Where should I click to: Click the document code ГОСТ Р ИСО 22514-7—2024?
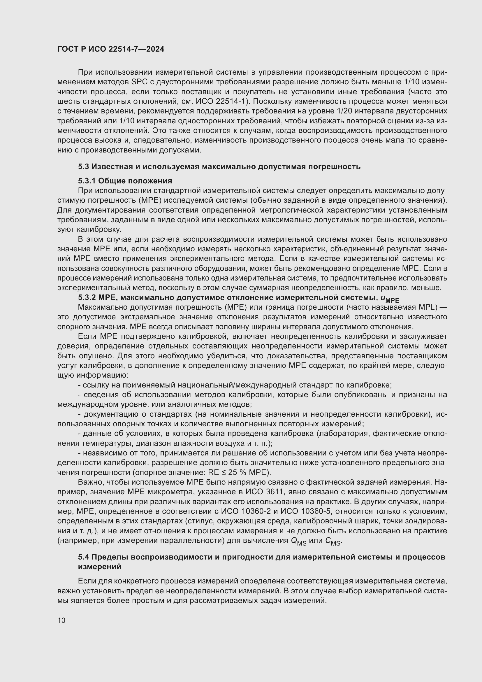[110, 49]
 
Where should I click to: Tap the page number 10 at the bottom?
[61, 620]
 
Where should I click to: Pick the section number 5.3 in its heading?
[83, 167]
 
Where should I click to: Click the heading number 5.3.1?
[86, 181]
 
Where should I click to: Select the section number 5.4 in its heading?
[83, 557]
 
